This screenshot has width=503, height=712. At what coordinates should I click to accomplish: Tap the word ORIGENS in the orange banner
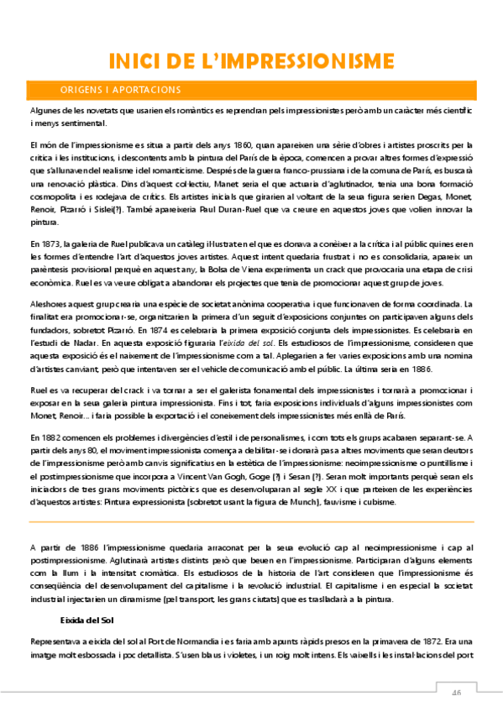pos(81,90)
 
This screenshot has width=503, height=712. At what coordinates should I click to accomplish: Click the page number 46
pos(457,693)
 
